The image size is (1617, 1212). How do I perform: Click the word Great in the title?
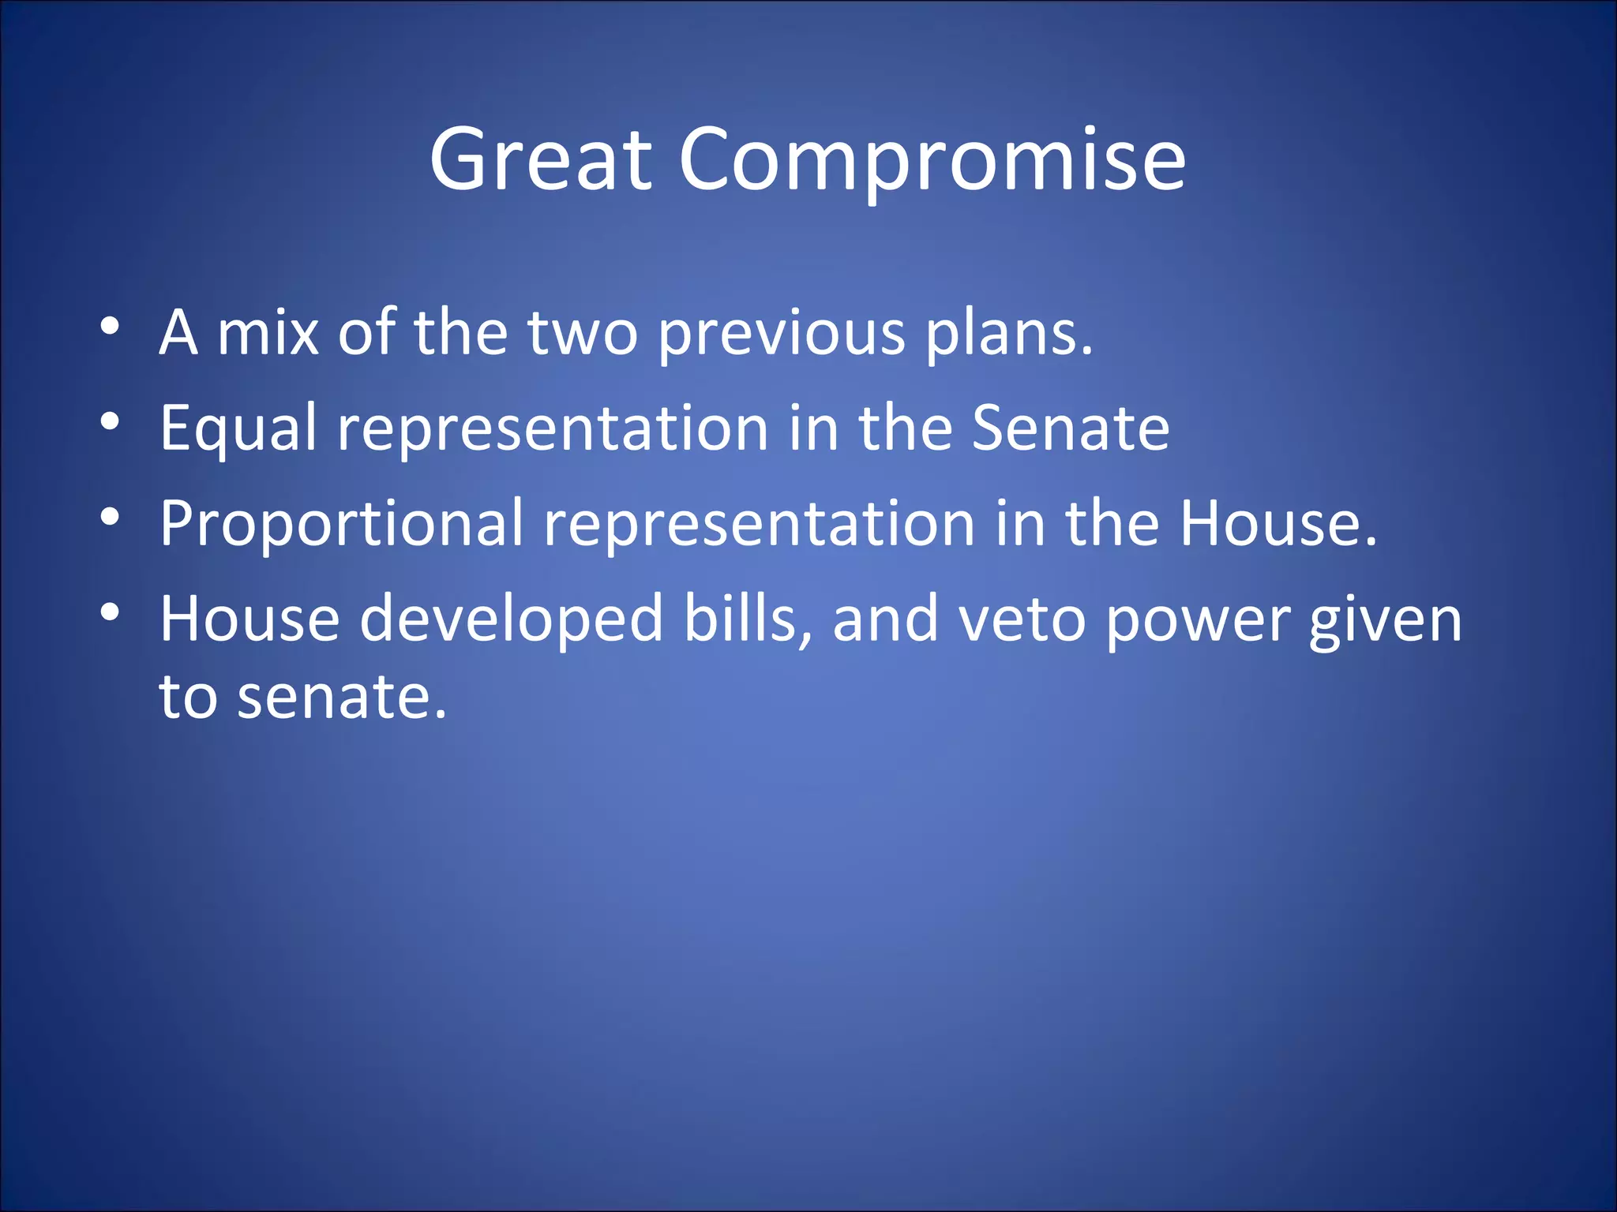541,160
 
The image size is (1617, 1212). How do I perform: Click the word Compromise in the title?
932,160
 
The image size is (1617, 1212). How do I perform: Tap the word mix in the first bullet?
268,333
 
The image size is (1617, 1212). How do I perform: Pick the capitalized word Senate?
1070,428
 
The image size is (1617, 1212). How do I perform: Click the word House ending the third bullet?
1277,523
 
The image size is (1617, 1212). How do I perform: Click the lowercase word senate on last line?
341,698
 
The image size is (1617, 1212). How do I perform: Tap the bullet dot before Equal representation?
110,421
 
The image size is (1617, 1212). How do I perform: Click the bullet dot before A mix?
110,326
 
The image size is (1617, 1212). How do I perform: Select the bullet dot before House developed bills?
110,612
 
